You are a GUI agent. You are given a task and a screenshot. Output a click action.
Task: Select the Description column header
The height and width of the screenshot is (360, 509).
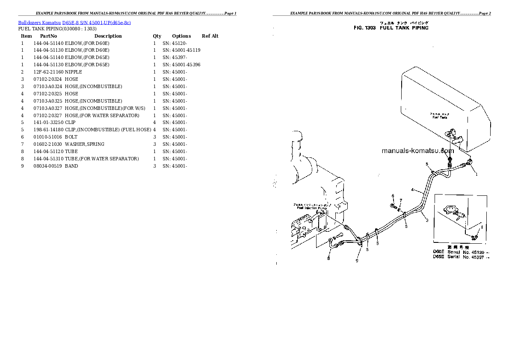tap(108, 36)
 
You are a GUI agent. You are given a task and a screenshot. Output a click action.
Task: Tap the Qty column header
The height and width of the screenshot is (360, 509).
tap(157, 36)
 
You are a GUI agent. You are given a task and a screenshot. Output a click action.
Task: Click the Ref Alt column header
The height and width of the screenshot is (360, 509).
tap(210, 36)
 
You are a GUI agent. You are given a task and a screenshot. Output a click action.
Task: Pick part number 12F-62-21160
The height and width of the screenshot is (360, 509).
tap(48, 72)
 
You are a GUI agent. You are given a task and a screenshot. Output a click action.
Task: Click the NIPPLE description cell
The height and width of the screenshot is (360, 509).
tap(73, 72)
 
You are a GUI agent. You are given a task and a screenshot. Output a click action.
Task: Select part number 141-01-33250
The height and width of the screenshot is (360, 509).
tap(48, 122)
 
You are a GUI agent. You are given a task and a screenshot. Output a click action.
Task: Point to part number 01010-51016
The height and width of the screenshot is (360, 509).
tap(48, 137)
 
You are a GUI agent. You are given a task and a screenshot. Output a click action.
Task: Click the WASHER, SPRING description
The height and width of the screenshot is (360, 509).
tap(85, 144)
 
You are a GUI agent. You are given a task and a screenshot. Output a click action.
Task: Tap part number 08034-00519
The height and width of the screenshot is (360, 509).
tap(48, 166)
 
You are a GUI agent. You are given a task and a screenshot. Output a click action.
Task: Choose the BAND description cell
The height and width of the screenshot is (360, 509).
tap(71, 166)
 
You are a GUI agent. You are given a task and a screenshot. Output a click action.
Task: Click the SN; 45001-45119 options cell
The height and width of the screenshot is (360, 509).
tap(181, 50)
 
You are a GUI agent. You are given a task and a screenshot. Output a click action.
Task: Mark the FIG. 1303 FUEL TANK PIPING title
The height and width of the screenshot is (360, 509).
tap(391, 28)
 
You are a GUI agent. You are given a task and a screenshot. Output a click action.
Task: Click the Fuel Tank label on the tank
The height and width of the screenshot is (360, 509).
tap(440, 117)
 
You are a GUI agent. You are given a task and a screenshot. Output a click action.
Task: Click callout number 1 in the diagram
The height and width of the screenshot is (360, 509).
tap(476, 174)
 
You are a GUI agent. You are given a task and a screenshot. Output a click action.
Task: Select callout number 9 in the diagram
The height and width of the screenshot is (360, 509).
tap(357, 261)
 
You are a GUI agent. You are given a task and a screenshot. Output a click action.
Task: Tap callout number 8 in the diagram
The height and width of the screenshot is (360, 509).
tap(328, 259)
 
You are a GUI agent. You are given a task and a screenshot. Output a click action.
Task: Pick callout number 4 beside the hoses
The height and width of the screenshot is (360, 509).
tap(412, 189)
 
